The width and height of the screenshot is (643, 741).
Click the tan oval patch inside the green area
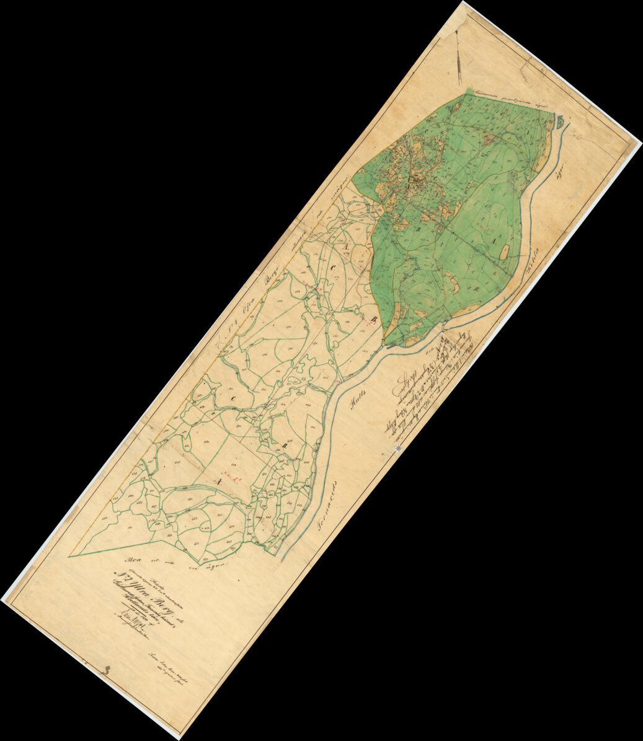click(x=504, y=251)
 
